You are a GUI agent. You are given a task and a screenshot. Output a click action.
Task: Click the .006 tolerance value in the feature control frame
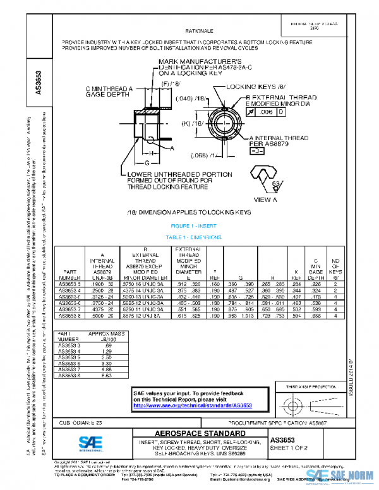(x=267, y=112)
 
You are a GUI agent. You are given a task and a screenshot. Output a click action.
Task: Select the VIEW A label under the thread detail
(x=265, y=200)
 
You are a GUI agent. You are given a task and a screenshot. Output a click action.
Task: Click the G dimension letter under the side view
(x=147, y=162)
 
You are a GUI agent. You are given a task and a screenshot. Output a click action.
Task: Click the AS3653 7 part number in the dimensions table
(x=70, y=311)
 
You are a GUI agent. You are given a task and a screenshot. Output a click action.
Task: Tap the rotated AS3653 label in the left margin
(x=38, y=82)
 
